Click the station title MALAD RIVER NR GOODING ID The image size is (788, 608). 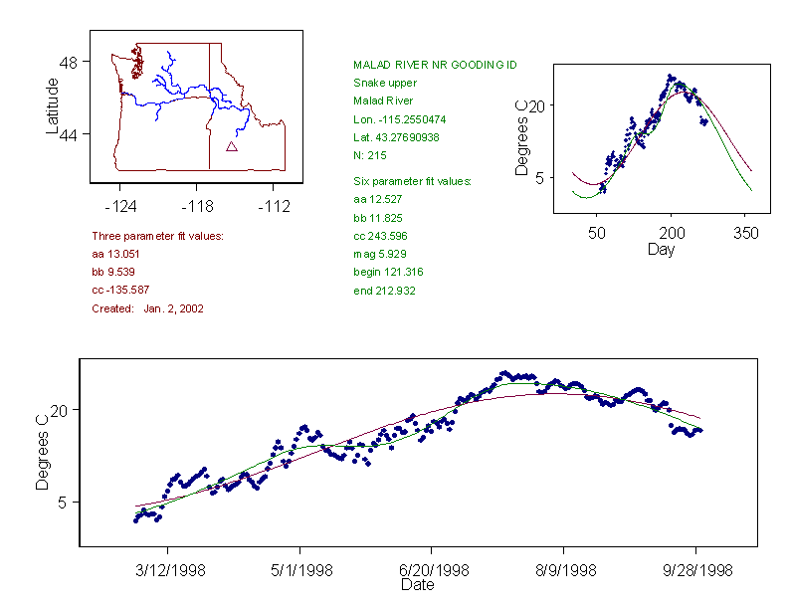[435, 65]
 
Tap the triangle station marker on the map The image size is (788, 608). [232, 146]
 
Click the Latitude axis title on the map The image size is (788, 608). [53, 105]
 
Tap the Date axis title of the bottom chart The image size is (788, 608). [417, 585]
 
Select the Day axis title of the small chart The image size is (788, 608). [660, 250]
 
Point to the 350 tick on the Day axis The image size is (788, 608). [746, 233]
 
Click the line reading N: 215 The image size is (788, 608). [370, 155]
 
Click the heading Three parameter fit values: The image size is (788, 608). [157, 236]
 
